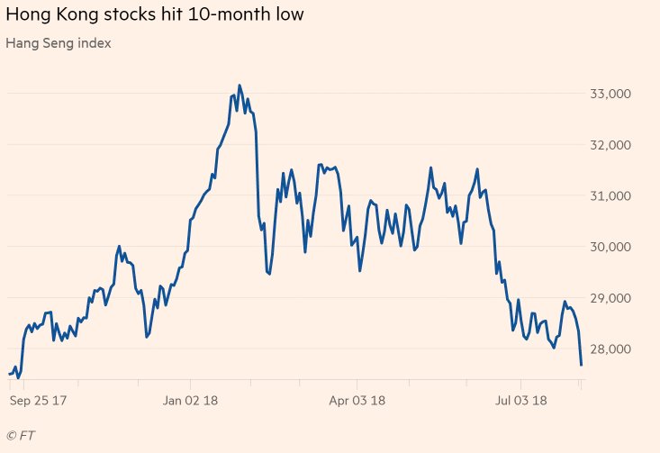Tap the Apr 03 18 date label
coord(357,399)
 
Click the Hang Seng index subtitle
coord(59,43)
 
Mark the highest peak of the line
coord(239,86)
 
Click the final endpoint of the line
coord(582,364)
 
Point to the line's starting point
coord(9,374)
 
